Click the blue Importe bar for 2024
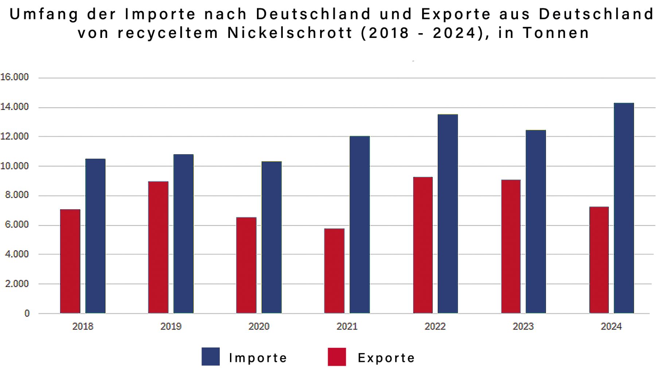coord(624,208)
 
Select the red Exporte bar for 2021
coord(334,271)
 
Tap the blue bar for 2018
coord(95,236)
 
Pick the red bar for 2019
coord(158,247)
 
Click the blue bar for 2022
coord(448,214)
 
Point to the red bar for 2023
coord(511,246)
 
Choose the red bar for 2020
coord(246,265)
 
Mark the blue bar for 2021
coord(359,224)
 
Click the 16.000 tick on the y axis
coord(15,77)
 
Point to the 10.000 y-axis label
coord(15,166)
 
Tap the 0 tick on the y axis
coord(27,313)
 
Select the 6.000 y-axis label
coord(17,225)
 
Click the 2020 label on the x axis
coord(259,326)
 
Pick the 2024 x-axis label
coord(611,326)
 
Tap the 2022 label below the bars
coord(435,326)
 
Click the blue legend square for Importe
coord(211,357)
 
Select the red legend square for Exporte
coord(337,357)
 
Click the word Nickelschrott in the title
coord(290,33)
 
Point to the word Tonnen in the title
coord(556,33)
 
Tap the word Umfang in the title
coord(44,14)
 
